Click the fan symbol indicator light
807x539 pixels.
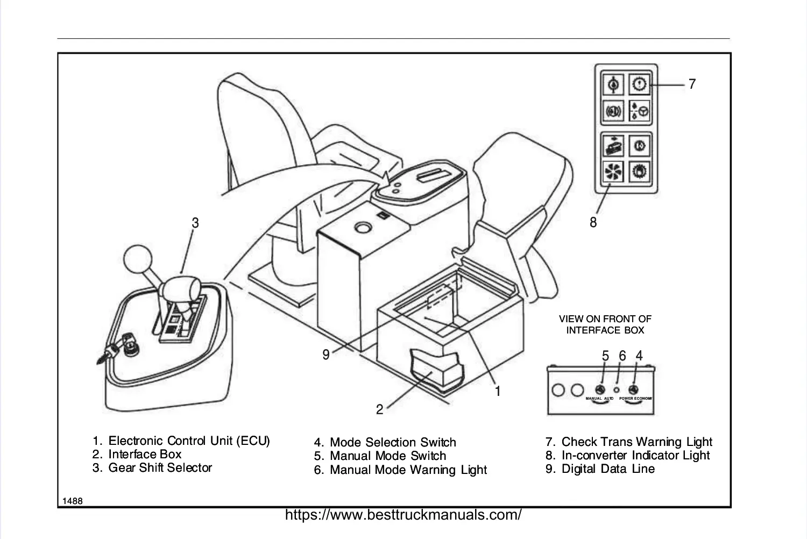[x=613, y=172]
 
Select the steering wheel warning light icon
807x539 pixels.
[x=640, y=111]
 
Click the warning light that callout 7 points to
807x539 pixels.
[x=640, y=84]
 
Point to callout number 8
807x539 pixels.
[x=593, y=222]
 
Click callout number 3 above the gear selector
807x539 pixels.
[x=195, y=223]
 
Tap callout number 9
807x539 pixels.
[x=326, y=354]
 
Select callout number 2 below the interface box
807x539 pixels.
[x=379, y=409]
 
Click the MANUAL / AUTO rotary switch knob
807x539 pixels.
[x=600, y=390]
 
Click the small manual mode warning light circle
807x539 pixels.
[x=617, y=389]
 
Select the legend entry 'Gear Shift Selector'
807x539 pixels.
[x=160, y=468]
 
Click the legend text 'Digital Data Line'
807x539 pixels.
[x=608, y=469]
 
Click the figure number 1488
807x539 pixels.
[x=73, y=501]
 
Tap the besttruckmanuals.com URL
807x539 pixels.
[x=403, y=515]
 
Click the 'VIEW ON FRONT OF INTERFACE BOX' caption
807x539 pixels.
[x=605, y=324]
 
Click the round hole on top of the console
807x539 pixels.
[x=363, y=228]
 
